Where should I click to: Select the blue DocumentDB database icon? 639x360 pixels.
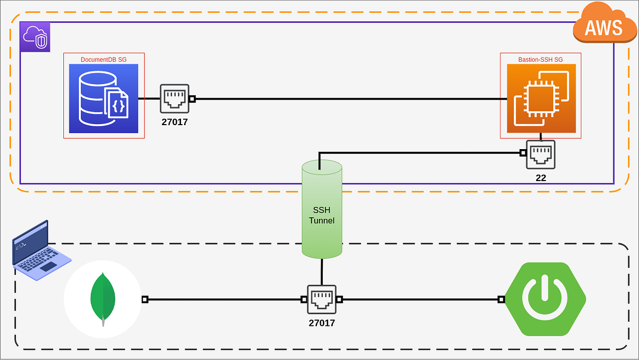point(104,99)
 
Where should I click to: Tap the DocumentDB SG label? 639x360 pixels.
point(103,59)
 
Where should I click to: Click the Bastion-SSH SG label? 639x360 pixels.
point(540,59)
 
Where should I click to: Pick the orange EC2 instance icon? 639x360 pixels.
point(540,99)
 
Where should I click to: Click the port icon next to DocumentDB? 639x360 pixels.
point(175,99)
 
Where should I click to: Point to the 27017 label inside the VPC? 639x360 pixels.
point(175,122)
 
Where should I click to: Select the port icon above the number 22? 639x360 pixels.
point(540,154)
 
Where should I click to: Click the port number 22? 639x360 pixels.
point(540,178)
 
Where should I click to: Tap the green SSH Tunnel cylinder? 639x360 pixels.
point(322,209)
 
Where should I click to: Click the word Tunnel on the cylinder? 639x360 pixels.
point(322,220)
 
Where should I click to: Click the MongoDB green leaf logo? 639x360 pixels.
point(103,299)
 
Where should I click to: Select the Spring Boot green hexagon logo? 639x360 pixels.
point(545,299)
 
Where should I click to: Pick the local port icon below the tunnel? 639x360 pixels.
point(322,300)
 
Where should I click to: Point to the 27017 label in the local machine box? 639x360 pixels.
point(322,323)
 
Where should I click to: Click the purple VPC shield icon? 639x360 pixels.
point(35,37)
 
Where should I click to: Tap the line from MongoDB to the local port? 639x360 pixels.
point(224,300)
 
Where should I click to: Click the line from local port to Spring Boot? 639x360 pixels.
point(421,300)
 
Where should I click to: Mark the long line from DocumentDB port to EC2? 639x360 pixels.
point(346,99)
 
